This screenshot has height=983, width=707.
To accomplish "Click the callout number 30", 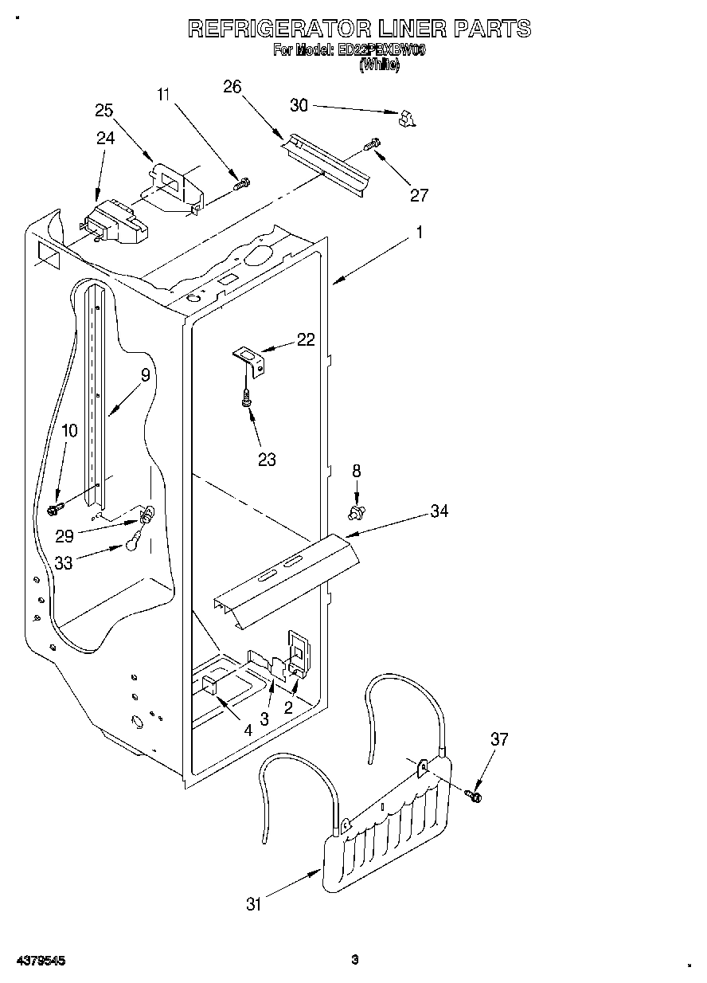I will point(298,105).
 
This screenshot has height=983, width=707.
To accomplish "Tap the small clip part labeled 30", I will point(407,119).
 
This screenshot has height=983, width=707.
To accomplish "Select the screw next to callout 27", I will point(372,145).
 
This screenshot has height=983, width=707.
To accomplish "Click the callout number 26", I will point(232,87).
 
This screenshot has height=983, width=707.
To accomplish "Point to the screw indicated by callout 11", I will point(240,184).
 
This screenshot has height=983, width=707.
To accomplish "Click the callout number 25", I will point(104,111).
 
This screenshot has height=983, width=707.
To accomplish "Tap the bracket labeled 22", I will point(250,358).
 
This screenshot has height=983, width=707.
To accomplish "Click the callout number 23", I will point(267,459).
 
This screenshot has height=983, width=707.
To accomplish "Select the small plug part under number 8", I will point(356,508).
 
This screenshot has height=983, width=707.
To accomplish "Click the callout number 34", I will point(439,511).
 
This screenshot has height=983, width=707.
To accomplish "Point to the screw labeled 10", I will point(57,507).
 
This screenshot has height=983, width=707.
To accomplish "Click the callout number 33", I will point(64,562).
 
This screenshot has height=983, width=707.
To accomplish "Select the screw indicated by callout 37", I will point(476,793).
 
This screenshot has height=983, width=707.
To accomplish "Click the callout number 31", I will point(253,903).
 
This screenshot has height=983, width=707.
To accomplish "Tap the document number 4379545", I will point(39,961).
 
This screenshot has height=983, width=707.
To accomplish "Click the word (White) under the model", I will point(380,65).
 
